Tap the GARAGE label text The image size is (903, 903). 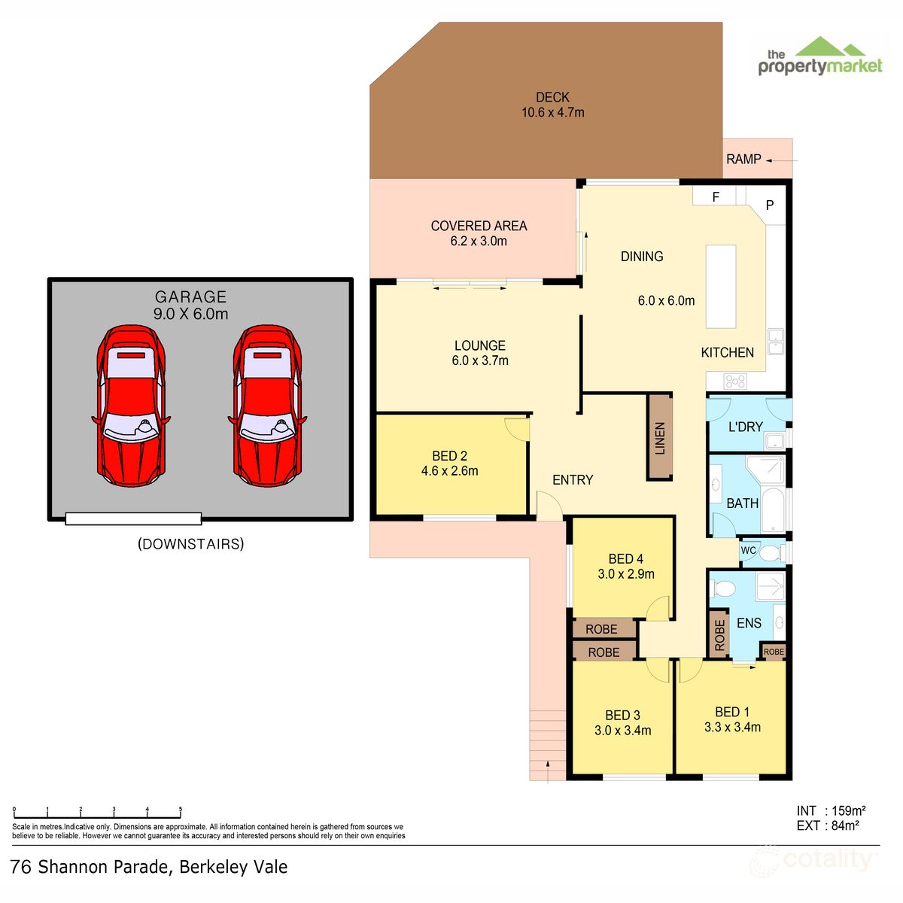click(x=190, y=297)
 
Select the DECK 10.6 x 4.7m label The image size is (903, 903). click(x=552, y=105)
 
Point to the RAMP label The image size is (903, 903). click(x=743, y=160)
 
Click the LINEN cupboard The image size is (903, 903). click(x=660, y=437)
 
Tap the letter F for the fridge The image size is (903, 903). click(x=716, y=197)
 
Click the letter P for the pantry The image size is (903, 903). click(x=770, y=205)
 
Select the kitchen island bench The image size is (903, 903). click(x=720, y=286)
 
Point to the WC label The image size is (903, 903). click(x=748, y=551)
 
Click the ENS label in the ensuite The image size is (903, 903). click(x=749, y=623)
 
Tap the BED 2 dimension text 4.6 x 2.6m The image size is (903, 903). click(x=449, y=471)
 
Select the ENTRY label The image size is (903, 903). click(x=573, y=480)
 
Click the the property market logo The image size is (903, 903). click(x=819, y=59)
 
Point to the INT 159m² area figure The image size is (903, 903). click(x=831, y=811)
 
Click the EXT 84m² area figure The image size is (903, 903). click(x=828, y=825)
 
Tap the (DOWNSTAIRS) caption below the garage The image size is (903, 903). click(x=190, y=544)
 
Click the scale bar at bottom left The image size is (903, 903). click(x=98, y=814)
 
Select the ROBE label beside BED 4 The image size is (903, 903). click(x=601, y=629)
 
